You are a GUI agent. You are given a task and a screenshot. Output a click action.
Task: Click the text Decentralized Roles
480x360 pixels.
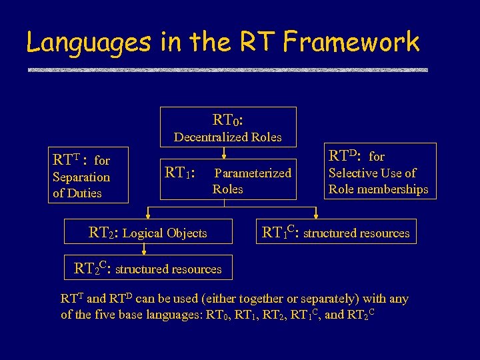coord(227,137)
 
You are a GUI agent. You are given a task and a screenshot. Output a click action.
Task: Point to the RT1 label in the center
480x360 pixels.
coord(179,173)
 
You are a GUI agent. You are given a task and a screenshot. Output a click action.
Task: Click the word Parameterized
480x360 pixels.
coord(252,173)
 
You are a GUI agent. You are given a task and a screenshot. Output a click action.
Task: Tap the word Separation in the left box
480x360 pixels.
coord(81,177)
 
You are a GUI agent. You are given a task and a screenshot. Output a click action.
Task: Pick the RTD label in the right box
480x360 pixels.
coord(345,157)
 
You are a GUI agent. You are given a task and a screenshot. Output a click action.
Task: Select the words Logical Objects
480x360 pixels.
coord(165,233)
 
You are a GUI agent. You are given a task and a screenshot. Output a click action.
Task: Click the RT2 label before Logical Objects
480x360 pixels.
coord(102,233)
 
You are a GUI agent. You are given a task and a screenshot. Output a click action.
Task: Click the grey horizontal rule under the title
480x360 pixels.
coord(227,69)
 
